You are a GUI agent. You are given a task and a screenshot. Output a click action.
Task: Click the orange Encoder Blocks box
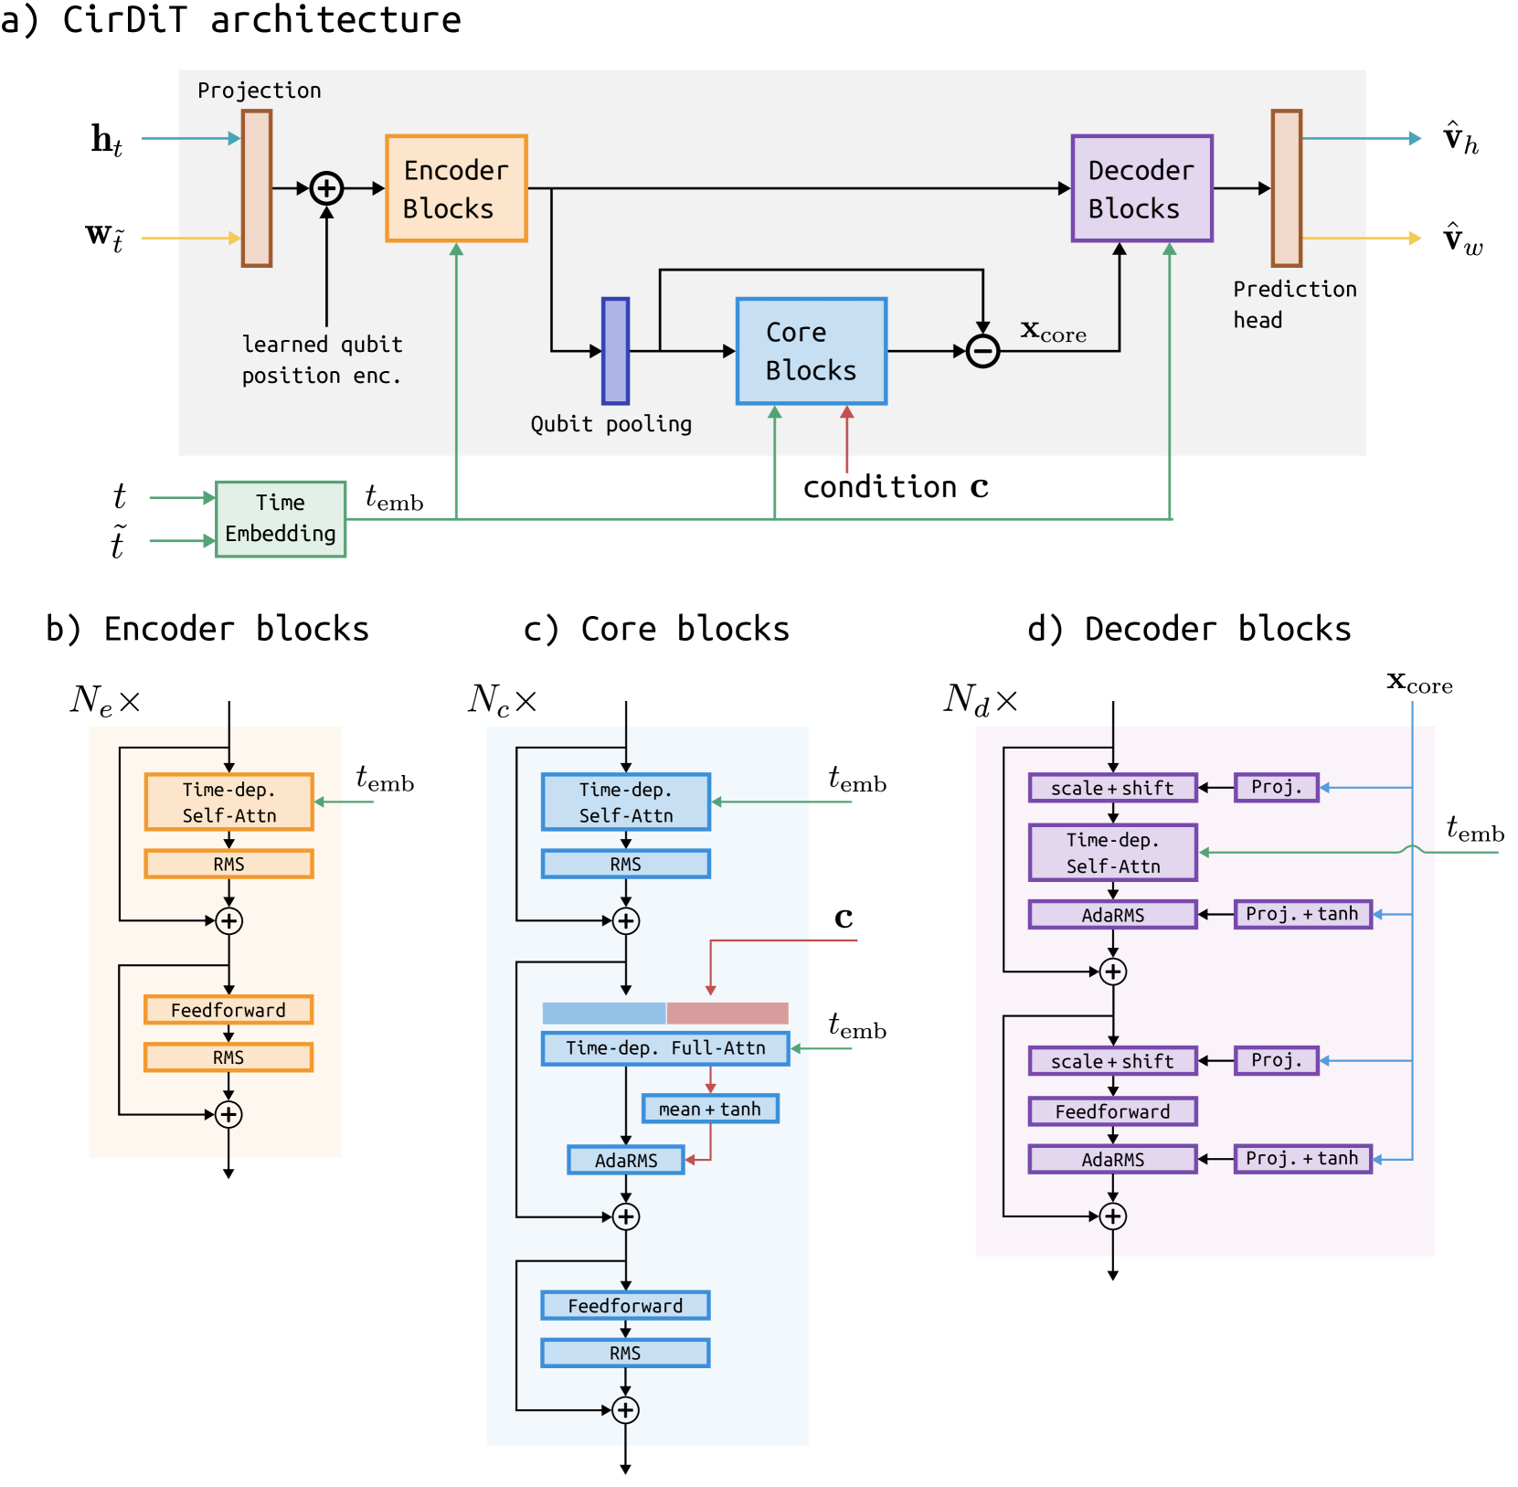[456, 188]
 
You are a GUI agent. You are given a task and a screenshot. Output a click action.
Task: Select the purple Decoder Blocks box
[1141, 188]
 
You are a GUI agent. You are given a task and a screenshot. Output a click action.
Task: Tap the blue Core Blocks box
[812, 351]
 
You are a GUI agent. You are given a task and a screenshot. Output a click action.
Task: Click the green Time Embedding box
[281, 519]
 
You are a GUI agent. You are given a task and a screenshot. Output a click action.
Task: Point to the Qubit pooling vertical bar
[615, 351]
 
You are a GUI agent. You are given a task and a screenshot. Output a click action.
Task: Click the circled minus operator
[982, 351]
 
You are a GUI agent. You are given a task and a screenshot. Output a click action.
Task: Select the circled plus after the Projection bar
[326, 188]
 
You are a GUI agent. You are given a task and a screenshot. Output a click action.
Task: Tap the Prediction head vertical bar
[1286, 188]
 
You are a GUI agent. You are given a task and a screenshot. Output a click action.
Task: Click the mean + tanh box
[710, 1109]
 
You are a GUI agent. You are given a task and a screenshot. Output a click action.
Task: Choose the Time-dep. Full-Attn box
[665, 1048]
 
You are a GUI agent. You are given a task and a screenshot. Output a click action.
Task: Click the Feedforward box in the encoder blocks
[228, 1010]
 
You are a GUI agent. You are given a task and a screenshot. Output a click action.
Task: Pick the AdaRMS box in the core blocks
[626, 1160]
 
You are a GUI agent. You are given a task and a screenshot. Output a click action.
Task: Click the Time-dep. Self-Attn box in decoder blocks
[1112, 853]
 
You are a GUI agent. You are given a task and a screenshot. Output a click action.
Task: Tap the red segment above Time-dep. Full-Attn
[727, 1013]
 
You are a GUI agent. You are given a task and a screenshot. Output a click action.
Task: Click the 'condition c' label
[896, 487]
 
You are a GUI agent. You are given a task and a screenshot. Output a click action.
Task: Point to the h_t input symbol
[107, 140]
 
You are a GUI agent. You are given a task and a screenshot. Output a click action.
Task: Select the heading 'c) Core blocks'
[656, 629]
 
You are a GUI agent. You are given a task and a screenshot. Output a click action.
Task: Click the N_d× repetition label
[980, 700]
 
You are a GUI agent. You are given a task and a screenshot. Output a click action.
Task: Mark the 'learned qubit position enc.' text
[322, 359]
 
